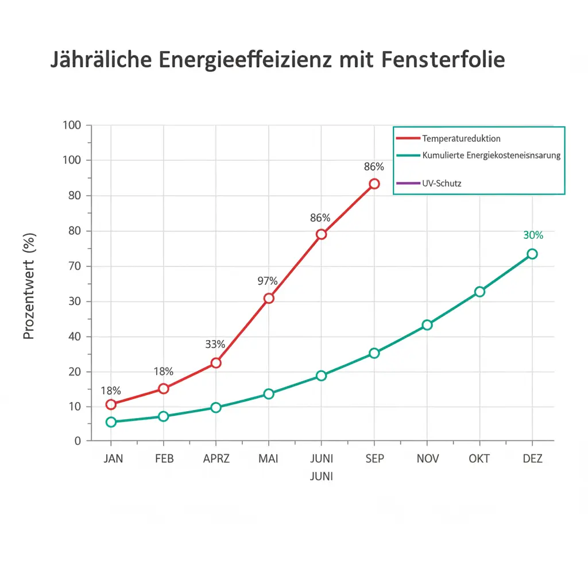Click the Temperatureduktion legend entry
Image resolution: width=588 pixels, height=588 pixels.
[x=461, y=138]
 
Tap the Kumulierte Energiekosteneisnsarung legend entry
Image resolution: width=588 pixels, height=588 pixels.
[x=490, y=155]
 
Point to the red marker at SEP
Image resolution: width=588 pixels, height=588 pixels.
[x=374, y=184]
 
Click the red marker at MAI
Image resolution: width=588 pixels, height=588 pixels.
[x=269, y=298]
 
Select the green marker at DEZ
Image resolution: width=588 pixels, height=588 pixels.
[x=532, y=254]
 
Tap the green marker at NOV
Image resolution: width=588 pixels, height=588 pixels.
[x=427, y=325]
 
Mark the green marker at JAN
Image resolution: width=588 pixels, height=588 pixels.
[x=111, y=422]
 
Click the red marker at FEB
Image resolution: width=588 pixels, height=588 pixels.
[x=164, y=389]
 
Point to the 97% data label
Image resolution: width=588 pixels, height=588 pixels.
[x=268, y=281]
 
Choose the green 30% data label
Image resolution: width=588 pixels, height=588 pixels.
[x=533, y=235]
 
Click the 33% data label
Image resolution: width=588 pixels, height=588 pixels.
[x=215, y=345]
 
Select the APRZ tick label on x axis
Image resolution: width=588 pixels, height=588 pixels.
[x=216, y=459]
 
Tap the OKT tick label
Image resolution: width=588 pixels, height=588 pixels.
[x=479, y=459]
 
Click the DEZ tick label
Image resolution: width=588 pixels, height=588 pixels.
[x=532, y=459]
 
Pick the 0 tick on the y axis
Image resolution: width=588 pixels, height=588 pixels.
[x=78, y=440]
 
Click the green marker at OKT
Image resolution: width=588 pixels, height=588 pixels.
[x=479, y=292]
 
